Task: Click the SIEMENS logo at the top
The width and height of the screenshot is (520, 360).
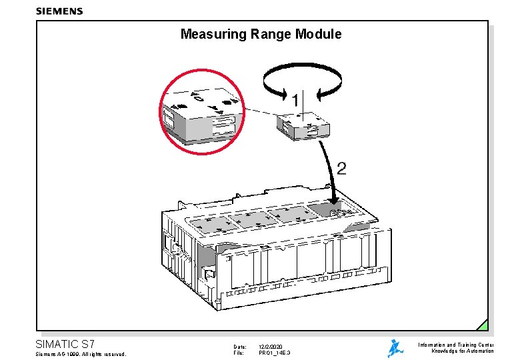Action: coord(59,11)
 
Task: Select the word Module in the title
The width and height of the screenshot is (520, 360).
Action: coord(320,34)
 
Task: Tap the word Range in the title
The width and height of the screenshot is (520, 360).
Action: coord(273,34)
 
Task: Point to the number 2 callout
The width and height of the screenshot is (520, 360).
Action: coord(341,168)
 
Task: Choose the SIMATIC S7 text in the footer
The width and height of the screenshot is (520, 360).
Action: coord(69,345)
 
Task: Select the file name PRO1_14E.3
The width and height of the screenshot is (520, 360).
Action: coord(274,353)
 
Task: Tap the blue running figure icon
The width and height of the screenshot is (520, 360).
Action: coord(395,347)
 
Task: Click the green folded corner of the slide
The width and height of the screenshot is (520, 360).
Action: coord(483,325)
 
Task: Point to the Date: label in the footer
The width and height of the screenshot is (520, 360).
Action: coord(240,347)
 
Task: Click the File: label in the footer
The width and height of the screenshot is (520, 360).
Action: coord(239,353)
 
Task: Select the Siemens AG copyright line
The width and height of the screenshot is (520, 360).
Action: coord(81,354)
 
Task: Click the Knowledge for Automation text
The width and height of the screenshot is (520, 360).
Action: coord(462,351)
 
